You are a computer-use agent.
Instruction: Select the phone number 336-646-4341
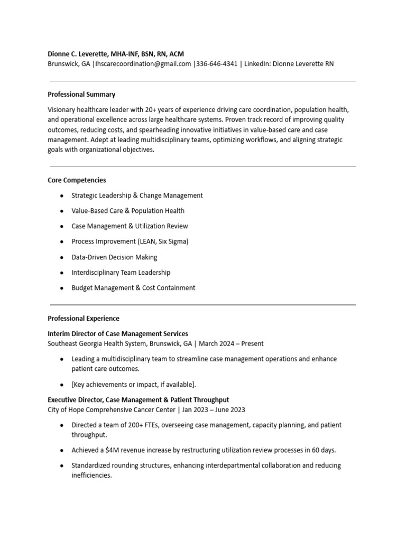click(217, 64)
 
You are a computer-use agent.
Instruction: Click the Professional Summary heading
click(81, 95)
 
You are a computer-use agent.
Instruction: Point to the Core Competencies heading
click(77, 180)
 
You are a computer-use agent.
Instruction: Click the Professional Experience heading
click(84, 319)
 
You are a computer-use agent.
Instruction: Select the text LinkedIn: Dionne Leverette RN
click(289, 64)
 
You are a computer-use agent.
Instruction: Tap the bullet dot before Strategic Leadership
click(62, 195)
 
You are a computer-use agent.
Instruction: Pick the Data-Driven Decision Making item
click(114, 257)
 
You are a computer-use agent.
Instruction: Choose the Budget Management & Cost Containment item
click(133, 288)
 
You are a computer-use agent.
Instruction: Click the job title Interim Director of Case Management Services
click(118, 334)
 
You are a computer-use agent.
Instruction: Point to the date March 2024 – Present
click(231, 343)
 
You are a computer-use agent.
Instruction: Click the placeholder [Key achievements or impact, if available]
click(134, 384)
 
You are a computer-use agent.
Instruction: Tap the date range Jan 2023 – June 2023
click(214, 409)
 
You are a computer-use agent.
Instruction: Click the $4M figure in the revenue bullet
click(112, 450)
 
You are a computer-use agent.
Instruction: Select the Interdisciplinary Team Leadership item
click(121, 273)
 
